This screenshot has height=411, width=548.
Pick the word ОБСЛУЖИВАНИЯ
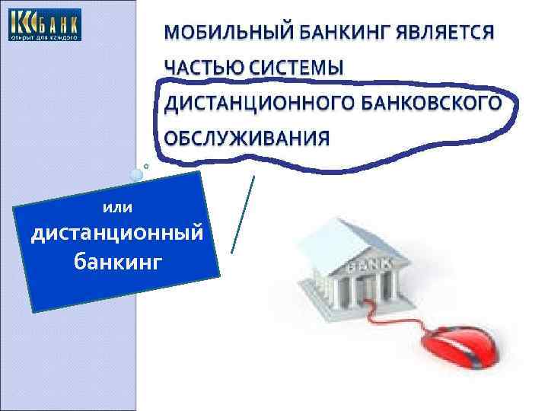(x=247, y=138)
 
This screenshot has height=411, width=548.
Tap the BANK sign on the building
(x=370, y=266)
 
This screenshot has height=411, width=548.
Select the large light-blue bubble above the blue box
(x=135, y=175)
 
